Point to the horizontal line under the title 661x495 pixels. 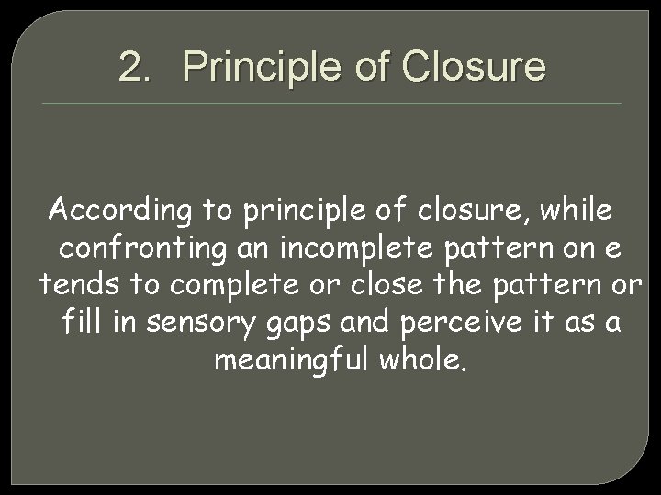[x=330, y=103]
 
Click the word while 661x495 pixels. [x=575, y=211]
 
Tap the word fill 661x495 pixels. [x=83, y=322]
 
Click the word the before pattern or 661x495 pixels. [x=463, y=285]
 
